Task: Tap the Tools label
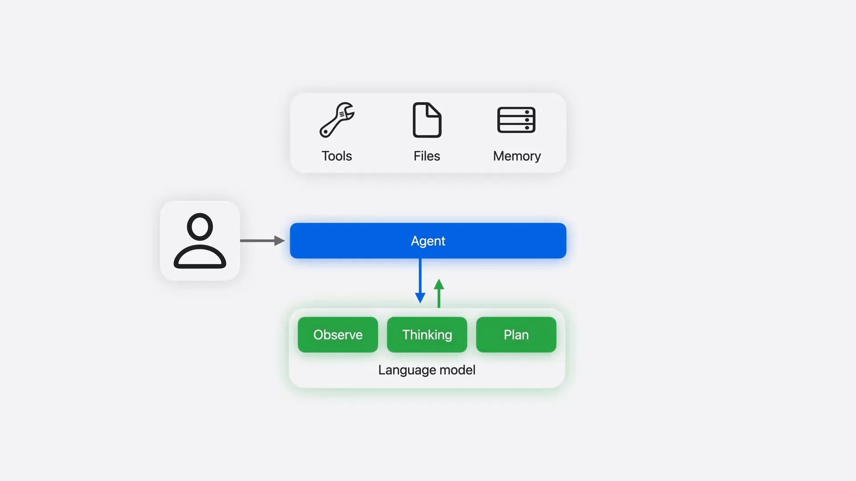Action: click(337, 156)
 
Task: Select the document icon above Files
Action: click(427, 120)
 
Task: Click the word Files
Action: click(427, 156)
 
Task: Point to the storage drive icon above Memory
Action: click(516, 120)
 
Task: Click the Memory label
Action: click(517, 156)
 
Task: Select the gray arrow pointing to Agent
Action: click(262, 240)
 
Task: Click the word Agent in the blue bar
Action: click(428, 241)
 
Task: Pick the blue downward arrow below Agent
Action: click(420, 281)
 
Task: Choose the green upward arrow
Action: click(439, 293)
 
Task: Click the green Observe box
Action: click(338, 334)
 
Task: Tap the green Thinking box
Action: click(427, 334)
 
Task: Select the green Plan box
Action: click(516, 334)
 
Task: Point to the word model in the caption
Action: click(457, 370)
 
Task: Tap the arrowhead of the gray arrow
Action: click(280, 240)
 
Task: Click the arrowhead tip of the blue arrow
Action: click(420, 303)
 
